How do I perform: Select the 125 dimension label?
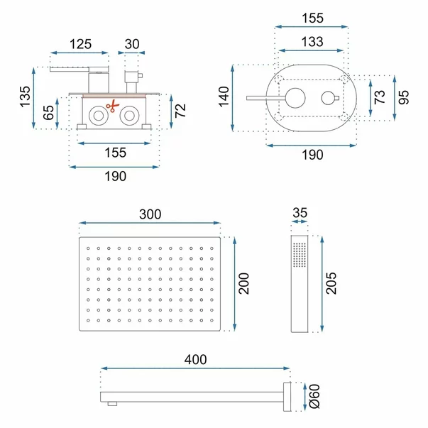point(80,44)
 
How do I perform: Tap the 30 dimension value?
point(132,44)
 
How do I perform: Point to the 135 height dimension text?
point(25,97)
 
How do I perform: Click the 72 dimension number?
point(180,111)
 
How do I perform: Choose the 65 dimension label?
point(48,112)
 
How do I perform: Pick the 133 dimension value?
point(312,42)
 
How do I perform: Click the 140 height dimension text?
point(224,97)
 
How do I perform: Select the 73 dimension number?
point(380,97)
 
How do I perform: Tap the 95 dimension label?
point(403,97)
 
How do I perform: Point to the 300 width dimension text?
point(150,214)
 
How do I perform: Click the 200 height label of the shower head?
point(243,284)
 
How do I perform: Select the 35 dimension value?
point(300,213)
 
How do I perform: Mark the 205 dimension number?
point(331,283)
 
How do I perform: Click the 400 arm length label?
point(195,359)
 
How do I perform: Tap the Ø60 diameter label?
point(314,396)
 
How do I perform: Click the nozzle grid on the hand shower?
point(300,254)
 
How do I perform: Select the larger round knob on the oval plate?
point(295,98)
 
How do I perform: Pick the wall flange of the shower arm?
point(287,397)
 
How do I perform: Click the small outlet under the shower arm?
point(112,404)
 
